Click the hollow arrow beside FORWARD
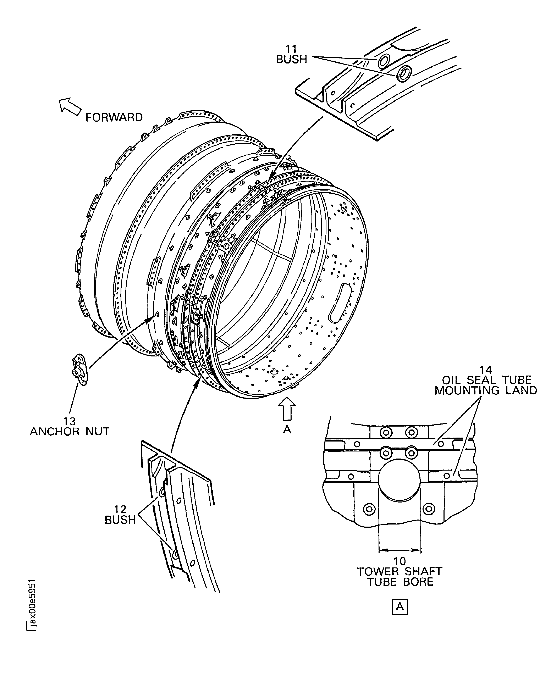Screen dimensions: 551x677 pos(70,107)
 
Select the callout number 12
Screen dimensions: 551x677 pos(120,510)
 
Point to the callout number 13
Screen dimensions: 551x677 pos(70,421)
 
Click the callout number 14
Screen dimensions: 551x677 pos(486,370)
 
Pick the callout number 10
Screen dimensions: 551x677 pos(400,561)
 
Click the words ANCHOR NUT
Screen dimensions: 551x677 pos(70,432)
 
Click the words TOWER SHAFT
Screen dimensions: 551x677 pos(400,572)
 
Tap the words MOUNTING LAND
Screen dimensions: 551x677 pos(486,390)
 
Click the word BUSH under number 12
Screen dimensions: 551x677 pos(120,520)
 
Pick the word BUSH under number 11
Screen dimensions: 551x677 pos(291,59)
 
